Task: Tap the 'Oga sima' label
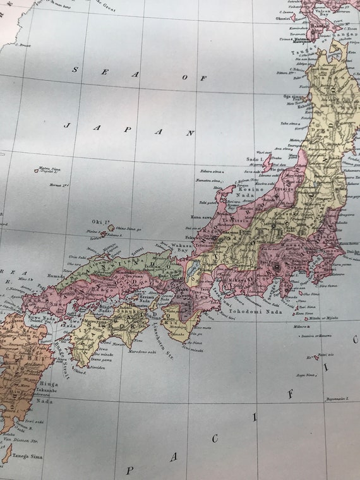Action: [x=294, y=97]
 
